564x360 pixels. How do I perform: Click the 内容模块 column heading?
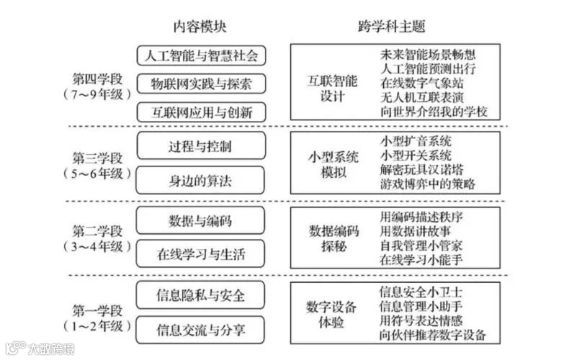coord(200,27)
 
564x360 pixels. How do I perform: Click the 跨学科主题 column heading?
coord(392,27)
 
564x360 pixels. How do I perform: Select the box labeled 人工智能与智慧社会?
coord(201,55)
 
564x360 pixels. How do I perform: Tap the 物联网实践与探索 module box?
coord(201,84)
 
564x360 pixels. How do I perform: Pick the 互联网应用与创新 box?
coord(201,112)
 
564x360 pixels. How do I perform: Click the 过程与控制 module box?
coord(201,146)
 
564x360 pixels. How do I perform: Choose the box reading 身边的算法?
coord(201,181)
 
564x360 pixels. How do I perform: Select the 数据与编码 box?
coord(201,220)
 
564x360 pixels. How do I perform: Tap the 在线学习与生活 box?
coord(201,253)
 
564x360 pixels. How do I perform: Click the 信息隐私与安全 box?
coord(201,295)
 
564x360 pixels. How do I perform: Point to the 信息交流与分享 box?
coord(201,330)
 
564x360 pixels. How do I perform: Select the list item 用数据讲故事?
coord(415,230)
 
